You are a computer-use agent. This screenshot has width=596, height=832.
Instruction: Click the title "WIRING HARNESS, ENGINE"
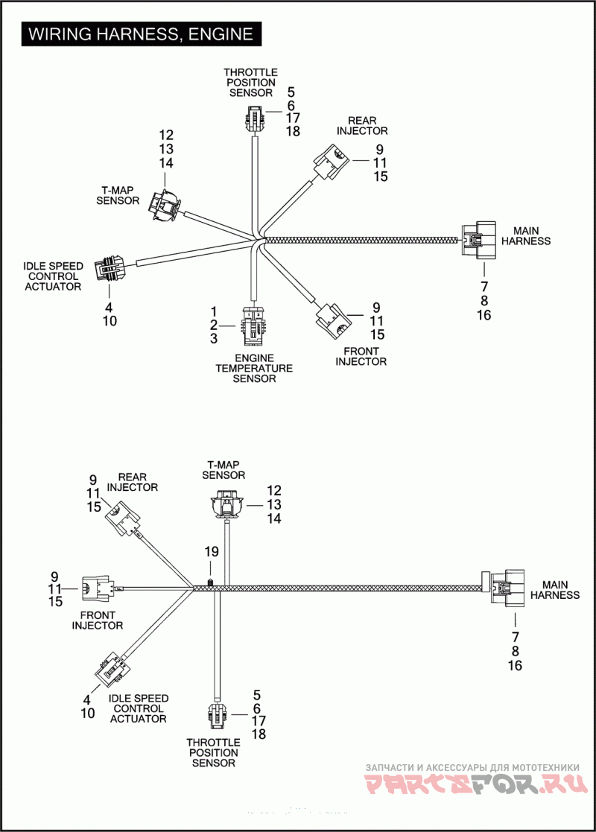coord(141,34)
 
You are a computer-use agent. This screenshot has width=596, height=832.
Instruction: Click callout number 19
coord(212,552)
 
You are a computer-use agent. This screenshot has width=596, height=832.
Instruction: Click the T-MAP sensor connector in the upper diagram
coord(165,206)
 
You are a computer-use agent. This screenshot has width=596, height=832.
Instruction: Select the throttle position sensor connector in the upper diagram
coord(254,116)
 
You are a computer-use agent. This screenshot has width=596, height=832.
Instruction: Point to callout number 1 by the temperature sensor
coord(213,311)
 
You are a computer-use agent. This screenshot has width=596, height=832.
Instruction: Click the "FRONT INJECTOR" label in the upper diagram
coord(361,356)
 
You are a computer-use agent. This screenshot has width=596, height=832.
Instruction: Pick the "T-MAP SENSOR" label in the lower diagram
coord(223,469)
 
